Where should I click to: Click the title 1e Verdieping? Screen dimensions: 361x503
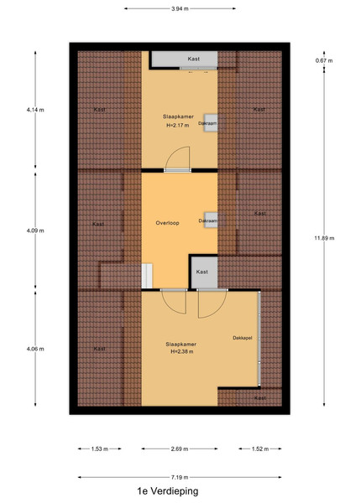pos(168,490)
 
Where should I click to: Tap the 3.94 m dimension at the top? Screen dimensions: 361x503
pos(180,8)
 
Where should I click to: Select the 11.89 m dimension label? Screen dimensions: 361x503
pos(324,238)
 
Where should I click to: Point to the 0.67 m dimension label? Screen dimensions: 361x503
pos(324,60)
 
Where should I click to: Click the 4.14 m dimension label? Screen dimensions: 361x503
pos(35,110)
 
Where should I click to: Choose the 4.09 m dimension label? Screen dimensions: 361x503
pos(35,231)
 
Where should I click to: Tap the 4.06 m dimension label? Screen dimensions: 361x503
pos(35,349)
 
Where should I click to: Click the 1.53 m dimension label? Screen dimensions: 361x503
pos(100,449)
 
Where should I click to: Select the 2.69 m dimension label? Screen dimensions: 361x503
pos(180,449)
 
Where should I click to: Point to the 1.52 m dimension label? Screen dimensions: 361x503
pos(260,449)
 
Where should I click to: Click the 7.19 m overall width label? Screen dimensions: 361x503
pos(180,477)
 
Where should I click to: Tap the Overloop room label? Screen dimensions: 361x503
pos(167,223)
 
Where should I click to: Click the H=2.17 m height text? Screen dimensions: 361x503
pos(178,126)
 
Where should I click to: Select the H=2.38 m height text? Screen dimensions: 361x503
pos(182,351)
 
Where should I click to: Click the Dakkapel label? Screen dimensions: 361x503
pos(243,338)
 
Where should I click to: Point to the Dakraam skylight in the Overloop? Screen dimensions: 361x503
pos(211,220)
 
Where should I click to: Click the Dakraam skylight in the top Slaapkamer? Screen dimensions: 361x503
pos(211,123)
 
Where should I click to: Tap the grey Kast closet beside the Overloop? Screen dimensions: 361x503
pos(204,272)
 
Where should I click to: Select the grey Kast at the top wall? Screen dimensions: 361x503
pos(185,59)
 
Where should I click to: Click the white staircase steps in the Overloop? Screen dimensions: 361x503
pos(147,276)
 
